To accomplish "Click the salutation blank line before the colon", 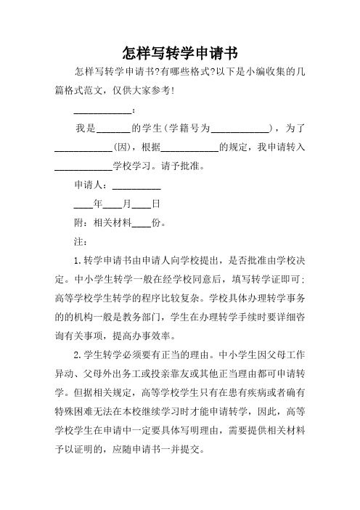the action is tap(102, 110).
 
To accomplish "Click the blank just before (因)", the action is tap(83, 147).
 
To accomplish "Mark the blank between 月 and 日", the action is tap(141, 205).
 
